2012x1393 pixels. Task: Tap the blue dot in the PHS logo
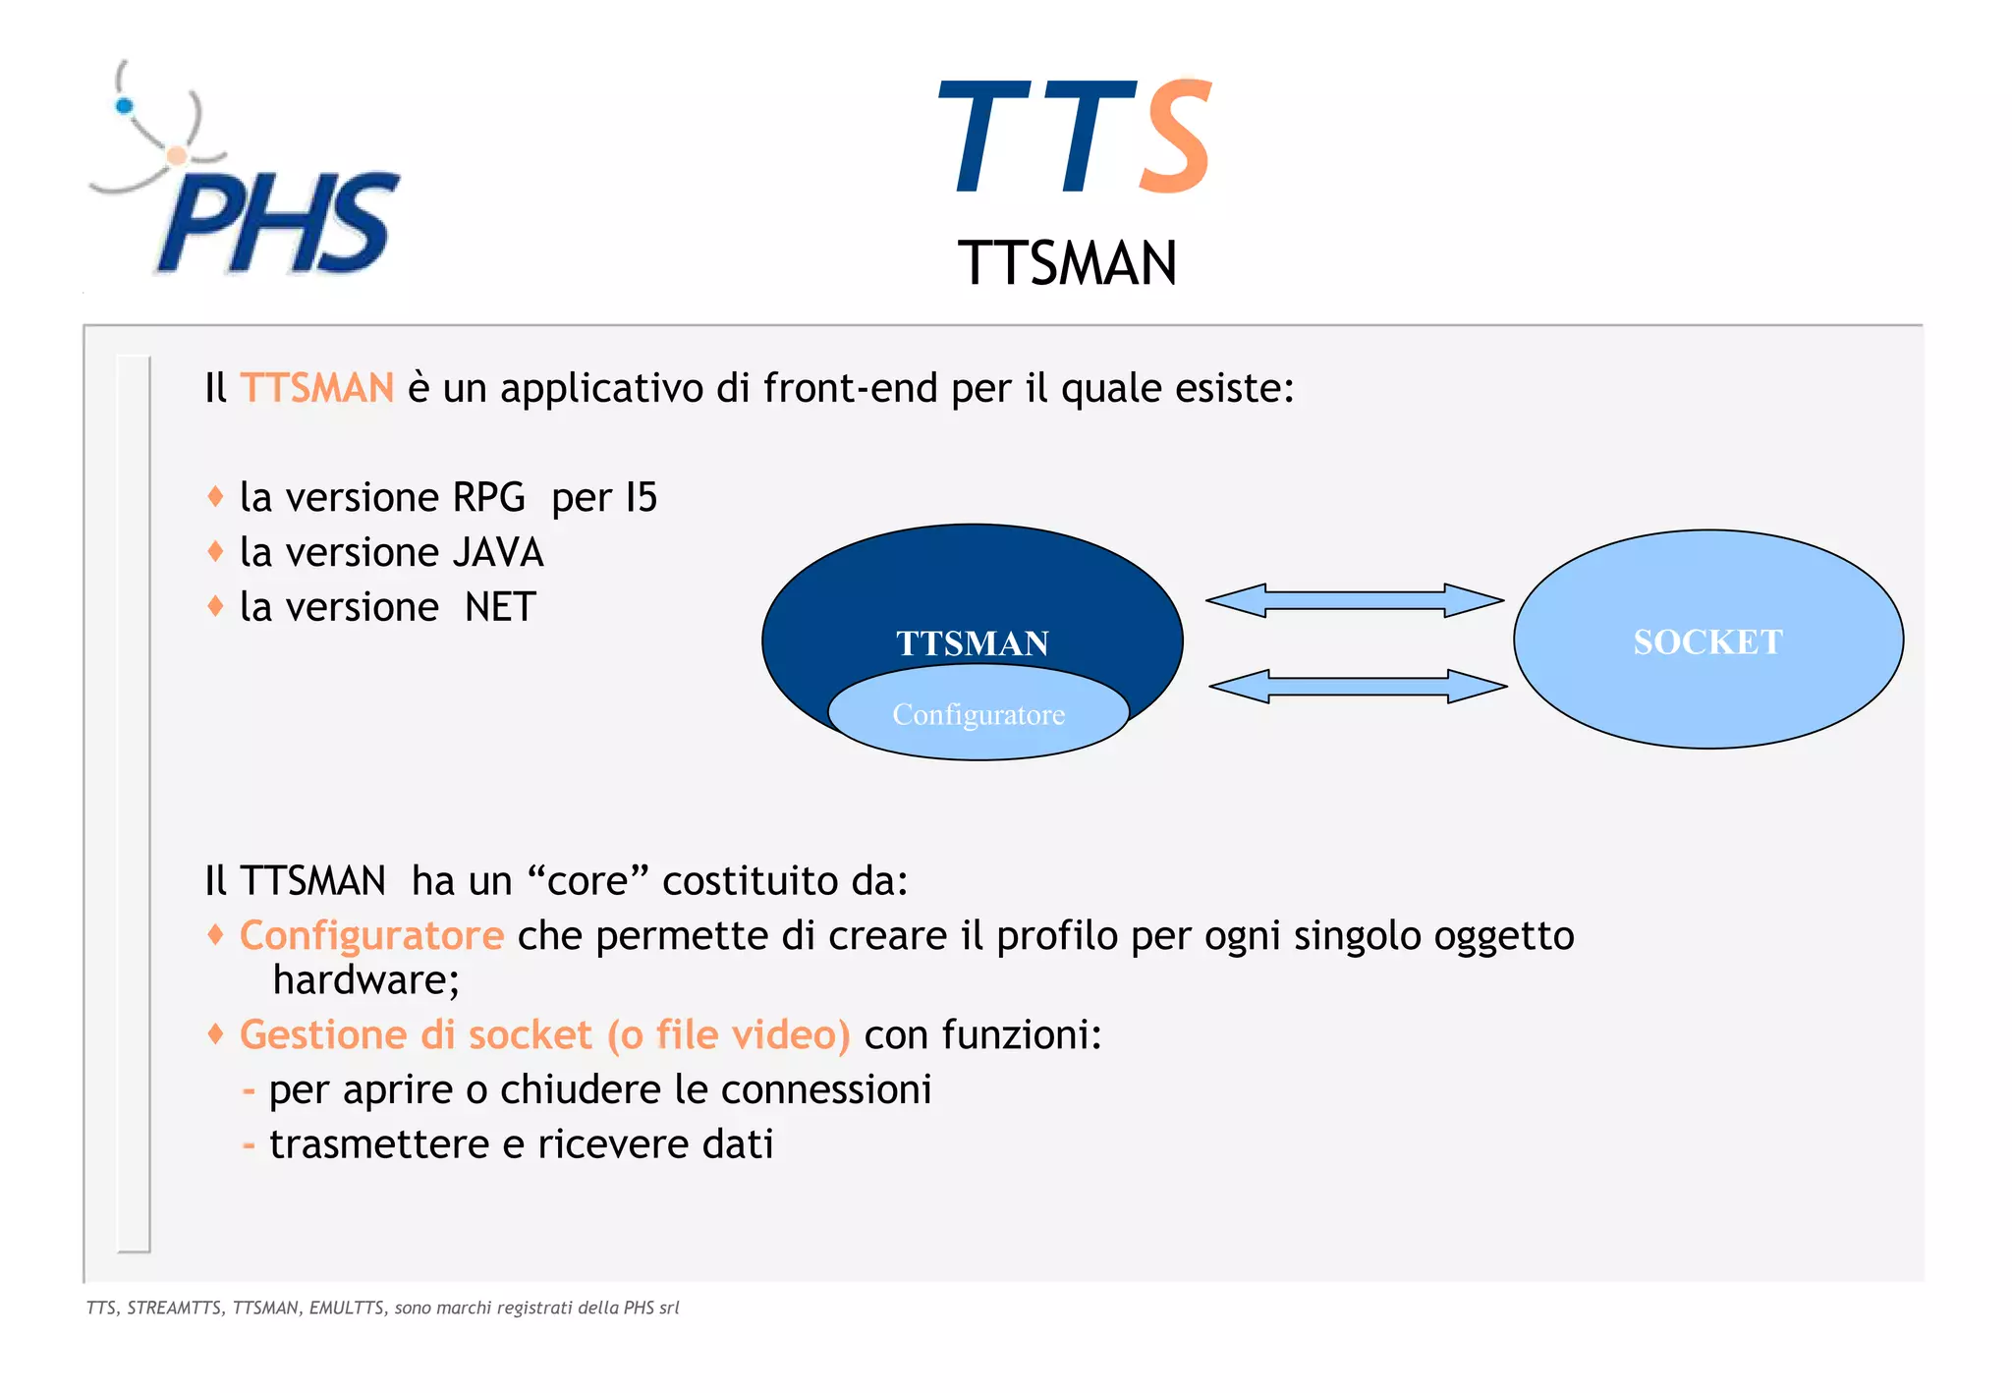click(x=124, y=106)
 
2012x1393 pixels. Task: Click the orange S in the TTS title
click(x=1175, y=138)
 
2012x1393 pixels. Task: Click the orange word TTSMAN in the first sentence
click(x=316, y=388)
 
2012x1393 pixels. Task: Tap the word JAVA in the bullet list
click(x=497, y=553)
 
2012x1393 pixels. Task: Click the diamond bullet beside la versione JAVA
click(x=216, y=551)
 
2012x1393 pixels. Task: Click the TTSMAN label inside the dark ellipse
click(x=972, y=643)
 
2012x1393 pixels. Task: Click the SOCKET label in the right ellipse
click(x=1707, y=642)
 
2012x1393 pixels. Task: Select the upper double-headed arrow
click(x=1355, y=600)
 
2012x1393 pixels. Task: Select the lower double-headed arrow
click(x=1358, y=687)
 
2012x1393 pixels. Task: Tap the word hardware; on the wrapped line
click(x=365, y=980)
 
